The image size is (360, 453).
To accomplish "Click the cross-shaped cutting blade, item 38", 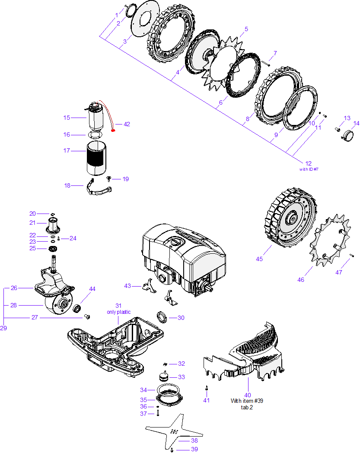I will (174, 431).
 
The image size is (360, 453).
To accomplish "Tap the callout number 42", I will (127, 124).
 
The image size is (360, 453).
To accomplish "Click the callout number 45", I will (259, 259).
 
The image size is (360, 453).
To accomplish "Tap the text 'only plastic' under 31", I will (118, 312).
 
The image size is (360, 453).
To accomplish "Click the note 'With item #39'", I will (247, 401).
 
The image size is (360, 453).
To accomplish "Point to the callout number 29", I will (3, 328).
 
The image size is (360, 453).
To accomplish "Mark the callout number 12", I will (308, 163).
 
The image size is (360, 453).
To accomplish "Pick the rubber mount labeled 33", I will (164, 376).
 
